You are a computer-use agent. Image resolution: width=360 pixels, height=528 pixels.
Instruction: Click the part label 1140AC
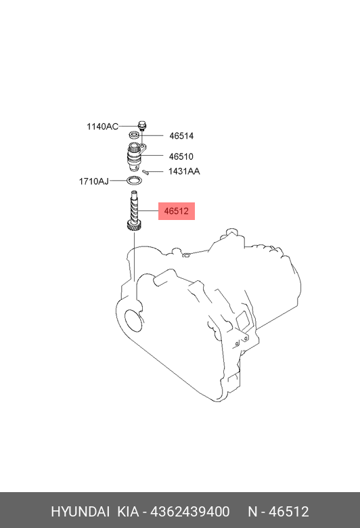(102, 127)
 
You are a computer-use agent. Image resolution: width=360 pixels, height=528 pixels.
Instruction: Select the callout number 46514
(181, 136)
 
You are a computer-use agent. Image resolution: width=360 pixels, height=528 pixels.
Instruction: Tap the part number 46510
(181, 156)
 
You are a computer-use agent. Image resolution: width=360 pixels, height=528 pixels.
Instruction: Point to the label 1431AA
(184, 171)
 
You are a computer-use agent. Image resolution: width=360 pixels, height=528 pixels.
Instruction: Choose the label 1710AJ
(94, 181)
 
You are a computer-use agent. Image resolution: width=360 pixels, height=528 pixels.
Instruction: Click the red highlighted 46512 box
(177, 211)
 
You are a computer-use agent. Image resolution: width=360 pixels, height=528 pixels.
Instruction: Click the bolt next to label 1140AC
(143, 125)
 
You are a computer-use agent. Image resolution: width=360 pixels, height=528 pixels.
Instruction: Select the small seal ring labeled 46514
(135, 135)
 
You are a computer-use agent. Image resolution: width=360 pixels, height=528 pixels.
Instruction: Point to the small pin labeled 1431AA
(145, 172)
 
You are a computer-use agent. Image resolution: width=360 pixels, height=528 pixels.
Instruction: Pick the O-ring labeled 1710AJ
(135, 181)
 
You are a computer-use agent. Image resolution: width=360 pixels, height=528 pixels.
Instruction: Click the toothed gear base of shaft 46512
(135, 225)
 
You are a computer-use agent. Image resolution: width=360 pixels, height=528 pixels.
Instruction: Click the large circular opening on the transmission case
(134, 320)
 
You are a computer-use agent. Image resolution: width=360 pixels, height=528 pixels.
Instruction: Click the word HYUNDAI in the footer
(80, 512)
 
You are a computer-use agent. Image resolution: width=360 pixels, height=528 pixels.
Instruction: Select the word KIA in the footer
(128, 512)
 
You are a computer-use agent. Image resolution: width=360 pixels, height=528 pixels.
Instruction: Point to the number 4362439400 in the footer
(190, 512)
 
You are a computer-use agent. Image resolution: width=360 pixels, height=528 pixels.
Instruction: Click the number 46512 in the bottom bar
(288, 512)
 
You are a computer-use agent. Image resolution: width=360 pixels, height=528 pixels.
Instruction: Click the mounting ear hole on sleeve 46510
(143, 146)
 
